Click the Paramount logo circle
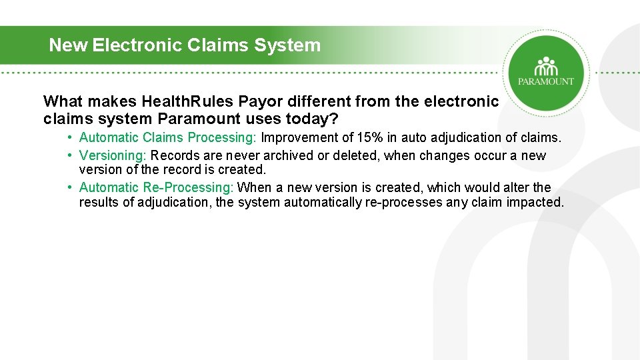(546, 72)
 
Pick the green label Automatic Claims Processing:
(169, 138)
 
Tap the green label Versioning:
(113, 156)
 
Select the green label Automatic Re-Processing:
(157, 188)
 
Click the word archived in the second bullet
(300, 156)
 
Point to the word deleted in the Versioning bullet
(367, 156)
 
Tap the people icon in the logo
(546, 66)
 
